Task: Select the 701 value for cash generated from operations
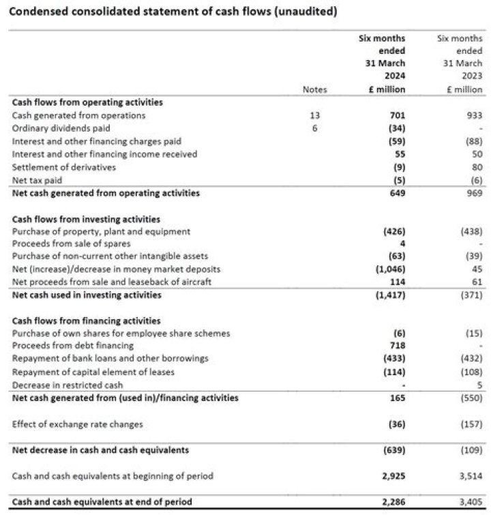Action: click(396, 116)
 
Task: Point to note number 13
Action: click(315, 116)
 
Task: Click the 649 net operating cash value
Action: click(396, 193)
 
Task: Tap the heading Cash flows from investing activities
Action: click(86, 219)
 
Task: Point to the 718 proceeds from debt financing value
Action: click(396, 346)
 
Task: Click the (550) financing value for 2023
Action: click(470, 398)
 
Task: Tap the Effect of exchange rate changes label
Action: click(78, 424)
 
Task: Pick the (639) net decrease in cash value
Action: click(393, 450)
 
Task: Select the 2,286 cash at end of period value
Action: click(392, 502)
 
